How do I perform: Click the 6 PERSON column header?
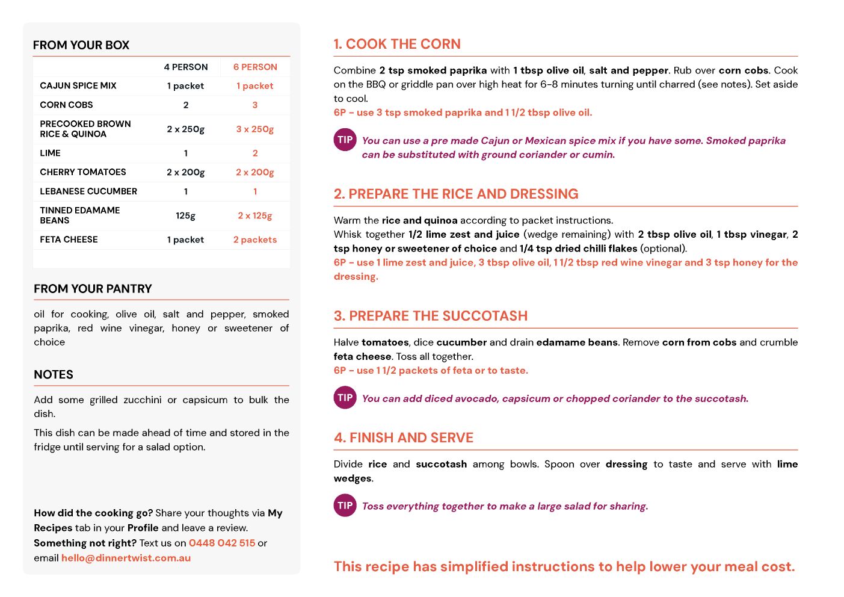click(x=255, y=67)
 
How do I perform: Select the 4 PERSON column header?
click(x=186, y=67)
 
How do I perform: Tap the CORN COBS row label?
click(x=66, y=105)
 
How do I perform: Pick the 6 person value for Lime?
click(x=255, y=153)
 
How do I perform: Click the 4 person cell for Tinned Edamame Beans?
click(x=185, y=215)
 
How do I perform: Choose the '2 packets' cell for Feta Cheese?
click(x=255, y=240)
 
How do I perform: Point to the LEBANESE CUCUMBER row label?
click(x=88, y=191)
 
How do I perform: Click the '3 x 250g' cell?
click(x=255, y=129)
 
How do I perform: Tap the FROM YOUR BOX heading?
click(x=81, y=45)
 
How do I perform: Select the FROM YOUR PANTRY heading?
click(x=93, y=289)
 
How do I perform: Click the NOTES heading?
click(x=54, y=374)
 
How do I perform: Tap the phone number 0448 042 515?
click(x=222, y=543)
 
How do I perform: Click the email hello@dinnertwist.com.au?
click(x=126, y=558)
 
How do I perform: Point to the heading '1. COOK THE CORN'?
click(x=397, y=44)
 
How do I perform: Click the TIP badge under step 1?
click(x=345, y=140)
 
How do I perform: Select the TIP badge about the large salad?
click(x=345, y=506)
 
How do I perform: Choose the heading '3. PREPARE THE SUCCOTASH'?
click(x=431, y=316)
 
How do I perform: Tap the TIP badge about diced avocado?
click(x=345, y=398)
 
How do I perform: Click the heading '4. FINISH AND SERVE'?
click(x=404, y=438)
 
